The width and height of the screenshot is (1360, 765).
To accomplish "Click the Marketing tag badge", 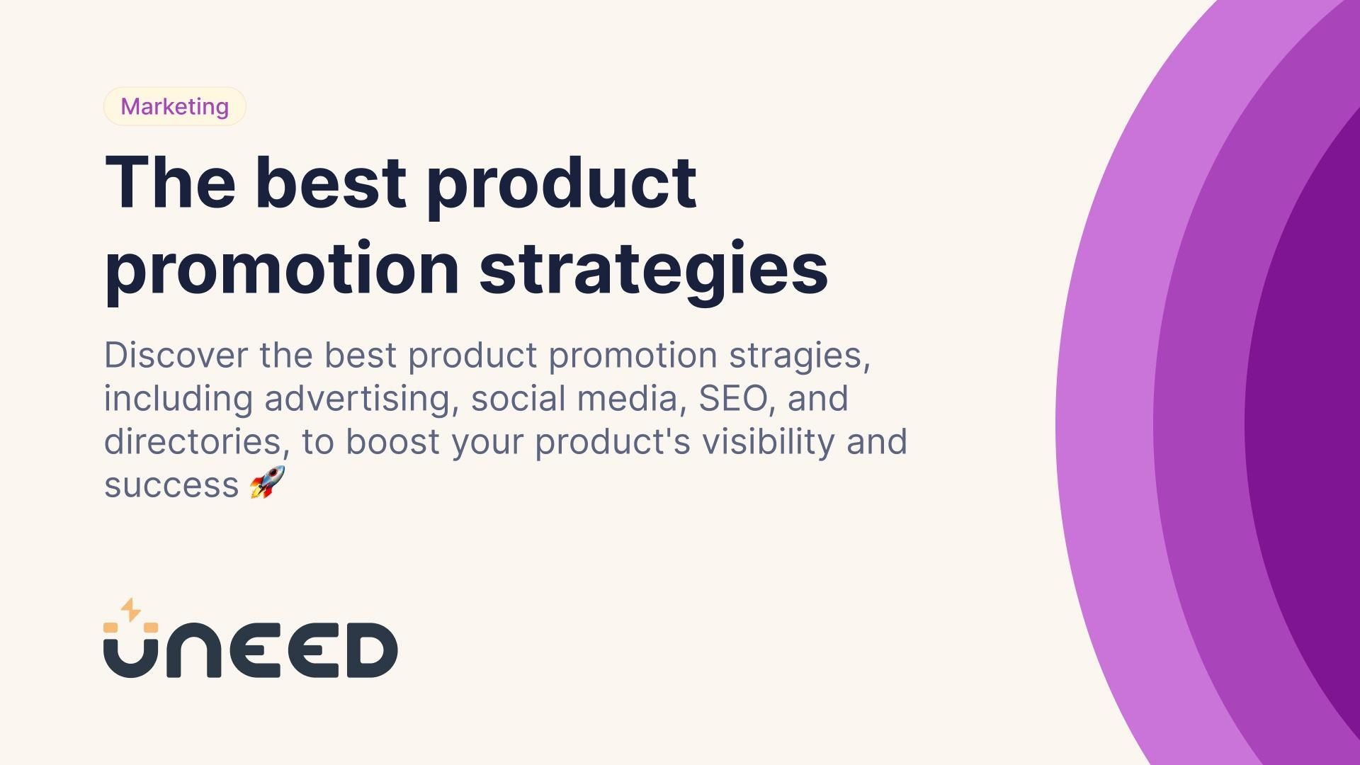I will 174,106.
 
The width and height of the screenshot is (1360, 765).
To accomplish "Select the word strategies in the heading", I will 653,269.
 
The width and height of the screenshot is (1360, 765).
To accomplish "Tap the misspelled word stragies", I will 799,355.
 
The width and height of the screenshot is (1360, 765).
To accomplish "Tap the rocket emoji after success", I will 267,483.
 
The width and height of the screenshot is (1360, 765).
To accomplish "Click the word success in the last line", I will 171,486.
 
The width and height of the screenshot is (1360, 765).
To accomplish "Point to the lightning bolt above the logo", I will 130,610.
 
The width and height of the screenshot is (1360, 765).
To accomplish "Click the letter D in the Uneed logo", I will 371,650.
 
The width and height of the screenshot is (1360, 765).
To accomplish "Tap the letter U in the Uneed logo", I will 131,655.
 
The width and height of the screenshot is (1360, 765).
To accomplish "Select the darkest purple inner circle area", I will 1310,425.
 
